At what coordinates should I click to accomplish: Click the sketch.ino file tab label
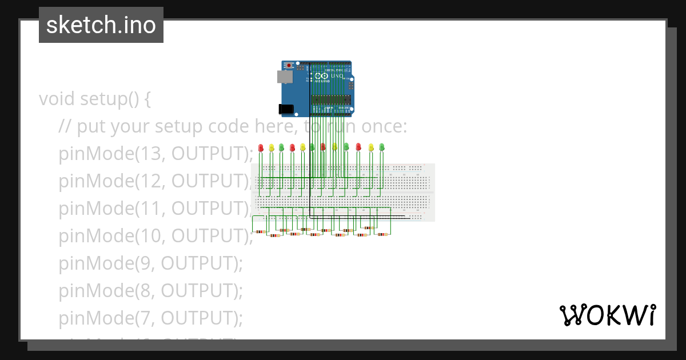click(101, 25)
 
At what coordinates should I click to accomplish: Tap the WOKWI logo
click(607, 315)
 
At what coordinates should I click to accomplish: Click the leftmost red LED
click(261, 148)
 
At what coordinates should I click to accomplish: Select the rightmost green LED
click(382, 147)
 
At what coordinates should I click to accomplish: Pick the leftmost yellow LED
click(272, 148)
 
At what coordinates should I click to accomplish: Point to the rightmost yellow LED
click(371, 147)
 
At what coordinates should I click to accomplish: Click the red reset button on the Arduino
click(289, 66)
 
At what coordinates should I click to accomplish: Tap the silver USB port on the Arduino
click(282, 76)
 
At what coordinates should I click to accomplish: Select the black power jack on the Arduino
click(284, 109)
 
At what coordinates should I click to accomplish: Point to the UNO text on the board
click(337, 75)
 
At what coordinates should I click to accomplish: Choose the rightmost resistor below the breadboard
click(382, 234)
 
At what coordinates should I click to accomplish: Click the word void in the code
click(57, 99)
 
